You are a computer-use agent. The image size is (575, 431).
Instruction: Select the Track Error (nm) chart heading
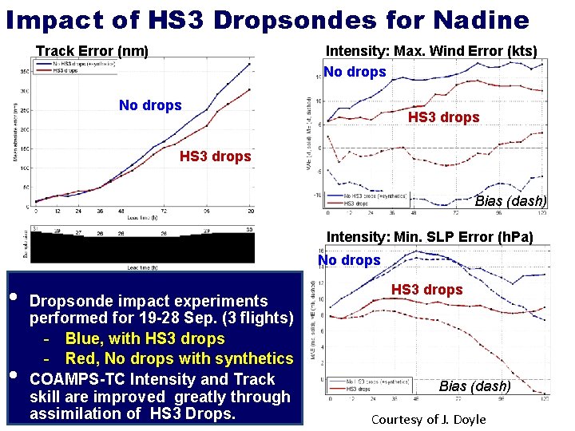tap(92, 52)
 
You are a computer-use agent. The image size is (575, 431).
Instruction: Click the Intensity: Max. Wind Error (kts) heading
tap(431, 52)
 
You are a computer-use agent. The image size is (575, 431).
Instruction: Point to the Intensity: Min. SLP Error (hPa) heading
tap(430, 236)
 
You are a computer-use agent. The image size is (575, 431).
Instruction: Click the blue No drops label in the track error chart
tap(150, 105)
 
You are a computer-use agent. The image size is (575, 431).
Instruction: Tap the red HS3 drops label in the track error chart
tap(215, 156)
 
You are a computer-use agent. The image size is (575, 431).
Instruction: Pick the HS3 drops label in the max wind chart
tap(443, 117)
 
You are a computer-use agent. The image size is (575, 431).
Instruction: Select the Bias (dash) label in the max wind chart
tap(510, 201)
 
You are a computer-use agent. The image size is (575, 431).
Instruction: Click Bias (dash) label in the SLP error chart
tap(475, 386)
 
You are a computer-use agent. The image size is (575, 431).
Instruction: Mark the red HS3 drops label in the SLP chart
tap(426, 290)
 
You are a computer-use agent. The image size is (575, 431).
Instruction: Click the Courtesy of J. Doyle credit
tap(428, 420)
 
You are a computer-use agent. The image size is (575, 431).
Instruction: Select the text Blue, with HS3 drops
tap(145, 338)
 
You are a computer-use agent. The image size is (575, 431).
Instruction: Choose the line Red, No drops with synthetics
tap(179, 358)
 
